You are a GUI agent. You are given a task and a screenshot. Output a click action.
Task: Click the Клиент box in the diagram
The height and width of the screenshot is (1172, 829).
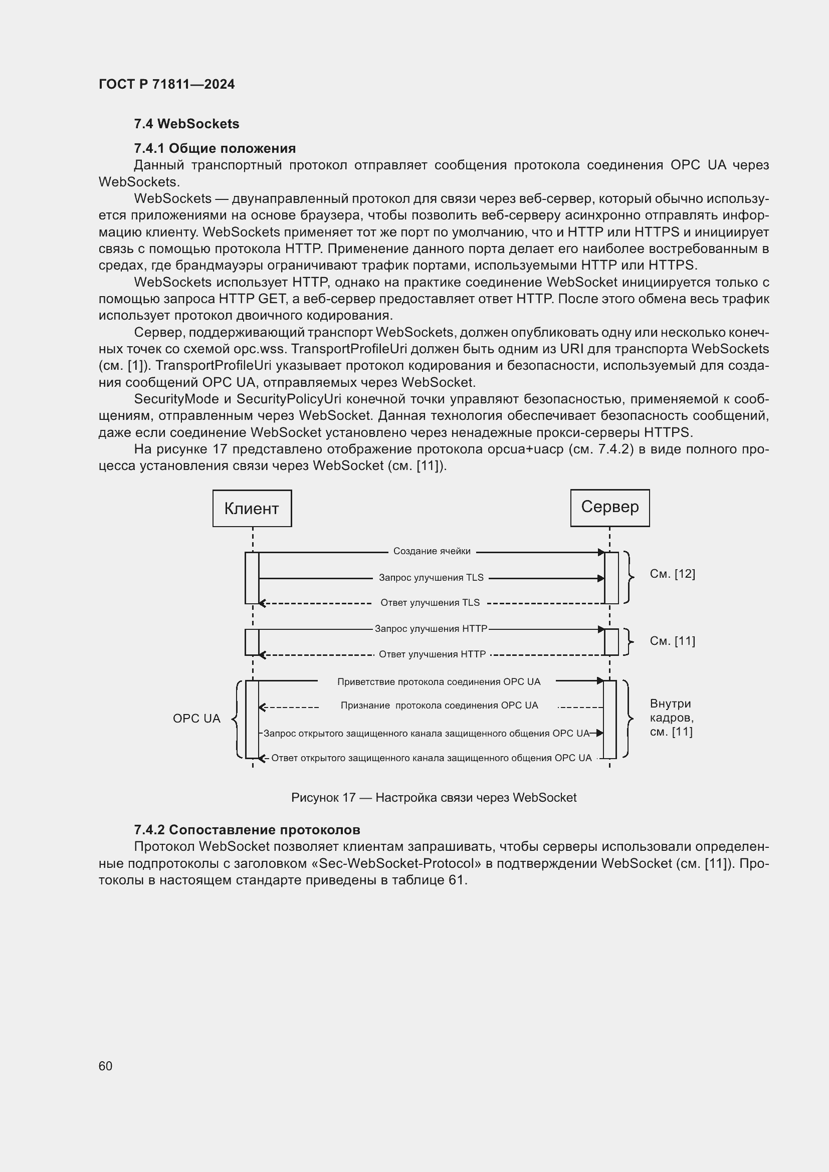[x=252, y=509]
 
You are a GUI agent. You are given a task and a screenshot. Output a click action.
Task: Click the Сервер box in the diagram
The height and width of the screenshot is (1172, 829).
[x=609, y=508]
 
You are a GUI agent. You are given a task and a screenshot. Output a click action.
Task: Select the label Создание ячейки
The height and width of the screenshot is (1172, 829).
[x=432, y=551]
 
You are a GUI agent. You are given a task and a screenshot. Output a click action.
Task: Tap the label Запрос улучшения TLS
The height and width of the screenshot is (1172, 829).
[x=431, y=578]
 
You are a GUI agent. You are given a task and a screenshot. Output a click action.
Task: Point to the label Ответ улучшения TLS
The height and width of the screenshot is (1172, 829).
[x=430, y=603]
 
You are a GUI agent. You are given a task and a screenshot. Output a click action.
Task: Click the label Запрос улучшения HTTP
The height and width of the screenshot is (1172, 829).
[x=431, y=629]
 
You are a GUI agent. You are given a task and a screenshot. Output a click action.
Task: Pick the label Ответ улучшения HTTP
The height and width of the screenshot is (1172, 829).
[x=432, y=654]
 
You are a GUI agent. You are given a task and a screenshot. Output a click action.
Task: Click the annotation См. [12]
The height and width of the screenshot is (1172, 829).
[x=672, y=574]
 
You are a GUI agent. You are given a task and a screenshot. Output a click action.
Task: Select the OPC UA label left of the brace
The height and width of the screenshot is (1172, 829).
[x=196, y=719]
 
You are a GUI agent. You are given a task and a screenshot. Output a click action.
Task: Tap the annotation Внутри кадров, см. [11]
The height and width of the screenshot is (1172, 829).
[x=671, y=718]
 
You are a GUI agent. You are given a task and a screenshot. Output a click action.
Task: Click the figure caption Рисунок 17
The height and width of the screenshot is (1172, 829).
[x=434, y=798]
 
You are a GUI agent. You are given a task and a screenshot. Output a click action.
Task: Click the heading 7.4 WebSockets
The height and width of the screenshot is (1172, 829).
[x=186, y=124]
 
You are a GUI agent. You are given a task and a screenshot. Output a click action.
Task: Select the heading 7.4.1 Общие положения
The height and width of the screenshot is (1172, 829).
[x=215, y=148]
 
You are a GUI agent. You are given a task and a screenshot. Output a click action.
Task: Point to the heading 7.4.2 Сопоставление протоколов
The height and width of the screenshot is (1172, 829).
[x=247, y=829]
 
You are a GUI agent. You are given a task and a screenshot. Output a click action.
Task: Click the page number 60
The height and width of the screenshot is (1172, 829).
[x=105, y=1066]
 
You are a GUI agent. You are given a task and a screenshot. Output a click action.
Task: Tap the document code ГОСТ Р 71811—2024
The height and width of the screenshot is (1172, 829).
[x=166, y=85]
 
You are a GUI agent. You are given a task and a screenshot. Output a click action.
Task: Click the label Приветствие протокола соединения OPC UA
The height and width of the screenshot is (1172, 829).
[x=439, y=682]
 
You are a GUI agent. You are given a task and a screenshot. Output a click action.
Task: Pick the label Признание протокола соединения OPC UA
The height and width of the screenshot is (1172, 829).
[x=439, y=706]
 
